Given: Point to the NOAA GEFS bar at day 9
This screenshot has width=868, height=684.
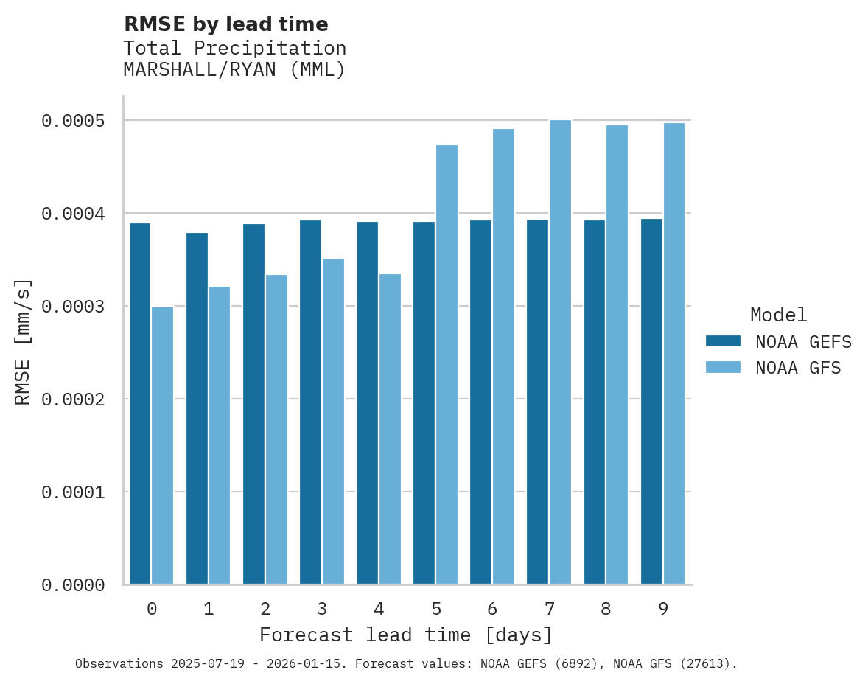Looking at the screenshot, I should coord(651,402).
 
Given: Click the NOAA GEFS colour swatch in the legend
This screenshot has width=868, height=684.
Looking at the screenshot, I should coord(723,341).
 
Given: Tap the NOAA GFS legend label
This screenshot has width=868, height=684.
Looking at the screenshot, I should coord(798,368).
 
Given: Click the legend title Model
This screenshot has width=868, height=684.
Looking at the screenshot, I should coord(778,315).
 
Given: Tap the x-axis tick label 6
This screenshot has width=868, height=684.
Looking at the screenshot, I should coord(492,610).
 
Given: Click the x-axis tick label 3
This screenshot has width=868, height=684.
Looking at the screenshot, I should coord(322,610).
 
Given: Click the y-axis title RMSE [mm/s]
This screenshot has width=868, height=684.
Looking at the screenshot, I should coord(23,342).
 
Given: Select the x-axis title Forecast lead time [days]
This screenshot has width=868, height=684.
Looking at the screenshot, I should coord(406,635).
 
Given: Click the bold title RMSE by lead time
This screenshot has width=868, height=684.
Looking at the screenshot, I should coord(226,25).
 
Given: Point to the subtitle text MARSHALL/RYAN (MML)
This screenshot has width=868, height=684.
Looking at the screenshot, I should coord(234,71).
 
